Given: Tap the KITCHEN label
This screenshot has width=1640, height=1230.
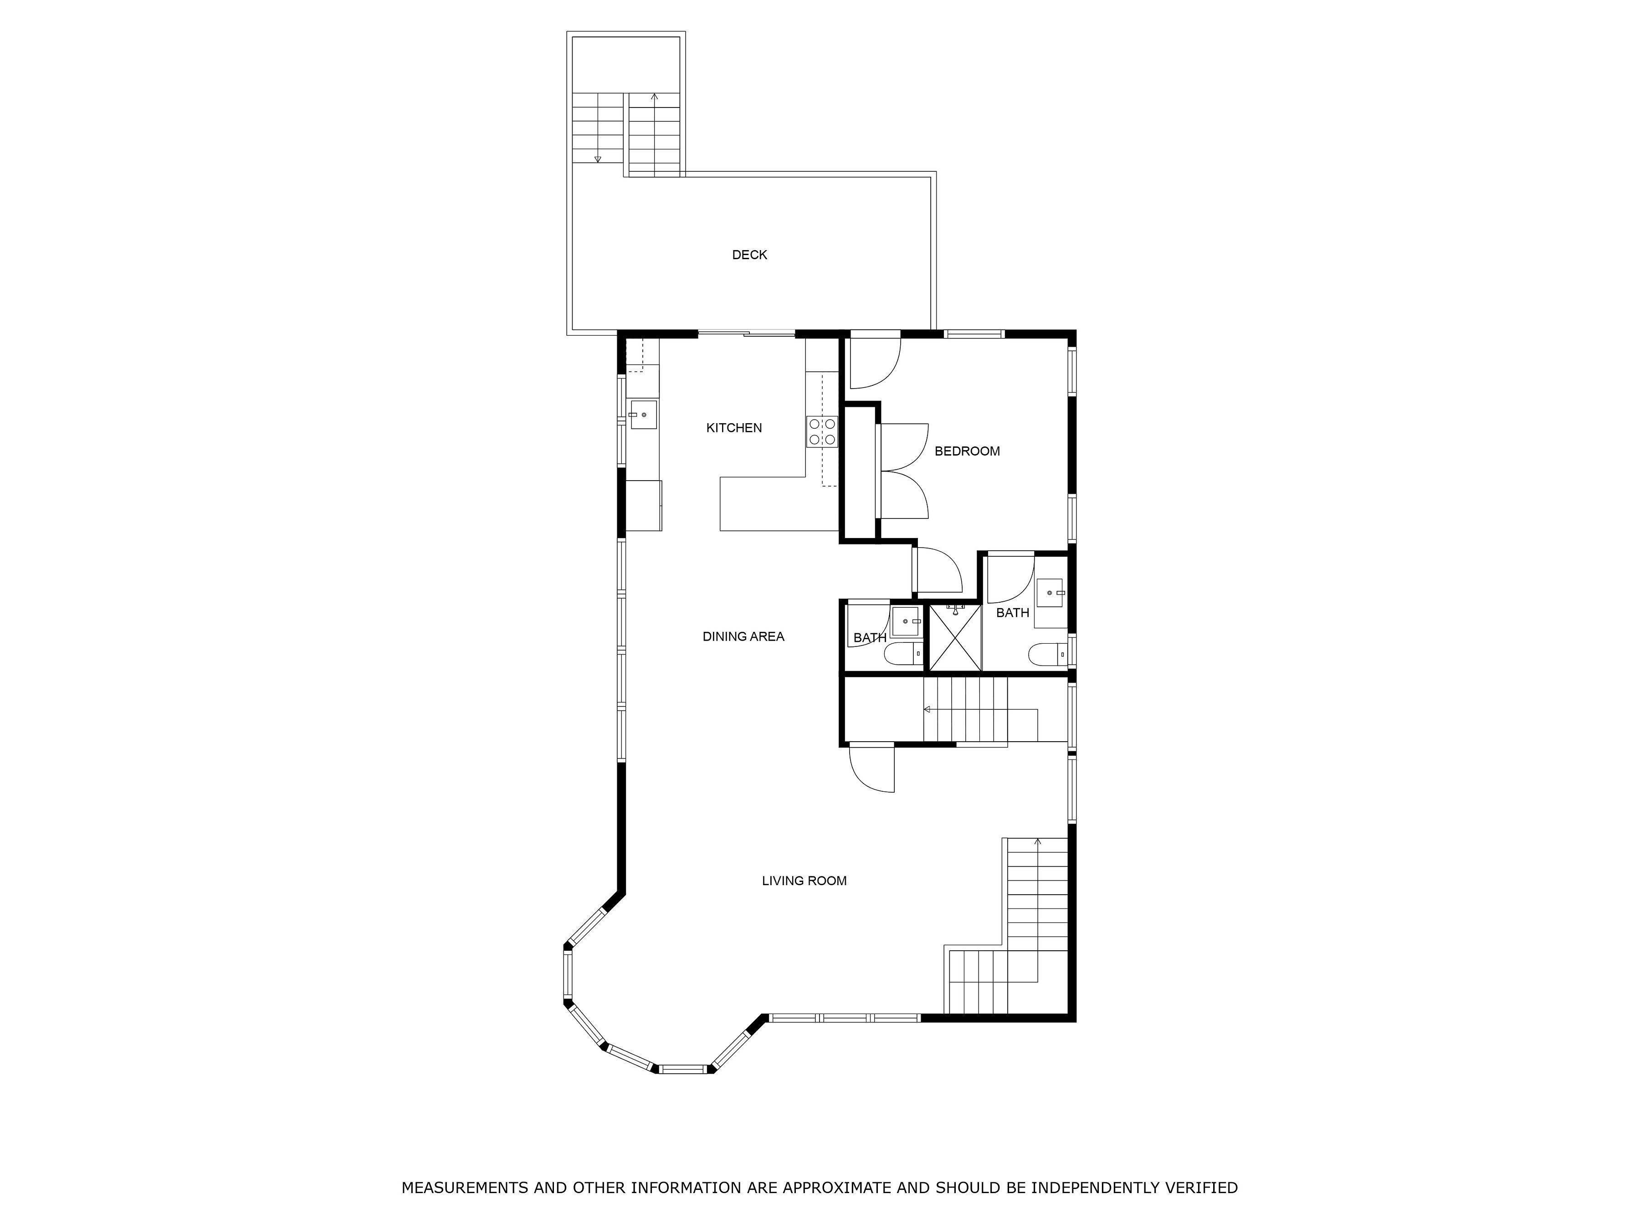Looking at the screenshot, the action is [734, 428].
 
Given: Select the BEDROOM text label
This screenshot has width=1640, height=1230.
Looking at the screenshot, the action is [967, 451].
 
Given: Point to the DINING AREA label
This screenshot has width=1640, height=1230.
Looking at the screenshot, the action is [743, 636].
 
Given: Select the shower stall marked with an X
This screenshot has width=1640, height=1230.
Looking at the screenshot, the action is [955, 638].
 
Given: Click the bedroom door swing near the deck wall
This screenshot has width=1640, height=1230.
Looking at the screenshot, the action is [875, 363].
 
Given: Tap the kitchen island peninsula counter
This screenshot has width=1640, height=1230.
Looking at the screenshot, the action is [779, 504].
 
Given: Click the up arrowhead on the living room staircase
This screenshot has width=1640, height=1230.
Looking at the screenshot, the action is [1038, 841].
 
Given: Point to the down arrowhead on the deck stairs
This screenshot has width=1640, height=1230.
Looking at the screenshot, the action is [598, 159].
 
